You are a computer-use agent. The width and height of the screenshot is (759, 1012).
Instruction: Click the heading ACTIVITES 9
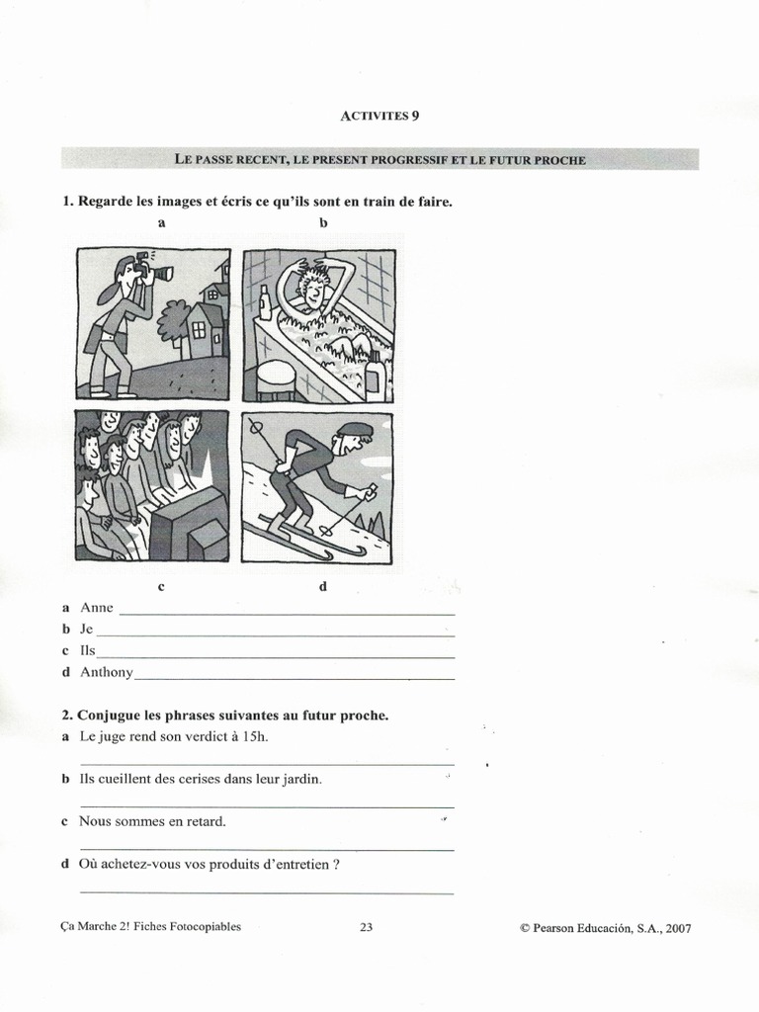point(380,116)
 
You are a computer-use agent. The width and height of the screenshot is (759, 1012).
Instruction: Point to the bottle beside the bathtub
point(264,302)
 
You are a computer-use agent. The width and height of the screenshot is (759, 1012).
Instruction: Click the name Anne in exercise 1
point(97,608)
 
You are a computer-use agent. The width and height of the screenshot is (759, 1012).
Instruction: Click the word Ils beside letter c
point(88,651)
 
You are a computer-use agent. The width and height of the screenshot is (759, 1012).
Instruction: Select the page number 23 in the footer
point(366,928)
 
